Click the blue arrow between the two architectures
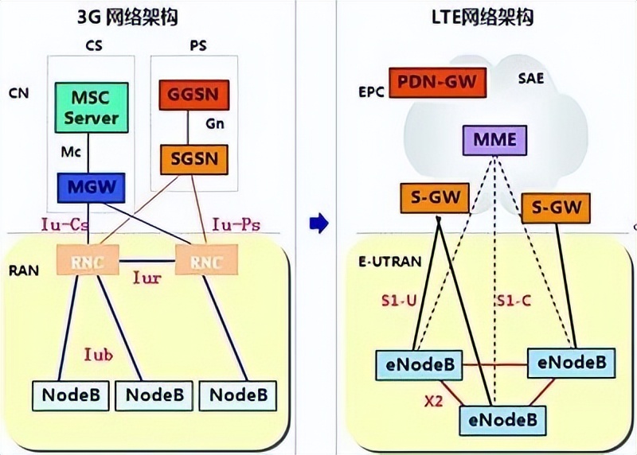click(x=318, y=225)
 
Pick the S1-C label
click(x=514, y=302)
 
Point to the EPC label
click(x=371, y=91)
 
